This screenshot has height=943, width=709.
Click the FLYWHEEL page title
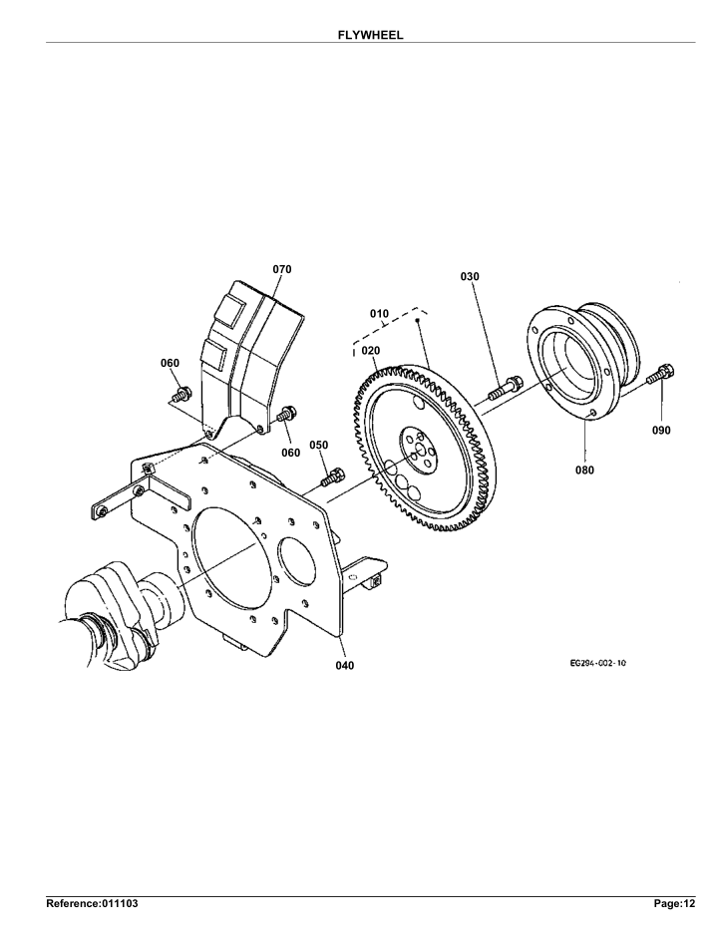370,36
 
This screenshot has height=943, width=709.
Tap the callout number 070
282,269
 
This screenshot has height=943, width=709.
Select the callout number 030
470,277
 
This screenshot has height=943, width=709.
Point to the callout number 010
379,313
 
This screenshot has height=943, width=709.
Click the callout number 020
371,351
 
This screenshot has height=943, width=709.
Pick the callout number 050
319,445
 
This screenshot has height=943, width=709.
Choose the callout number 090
661,431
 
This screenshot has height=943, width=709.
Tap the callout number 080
584,471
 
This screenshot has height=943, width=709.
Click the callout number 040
345,665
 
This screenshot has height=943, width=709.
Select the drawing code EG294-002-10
597,663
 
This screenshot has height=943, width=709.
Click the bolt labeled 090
661,374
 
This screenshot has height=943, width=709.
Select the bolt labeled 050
332,476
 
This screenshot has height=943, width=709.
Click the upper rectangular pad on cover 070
231,311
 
